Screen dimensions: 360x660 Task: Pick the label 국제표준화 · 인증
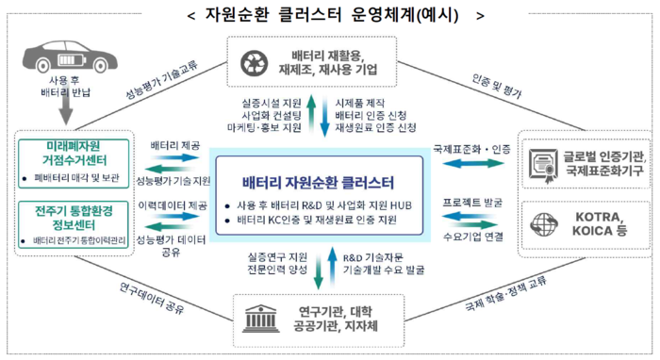coord(471,148)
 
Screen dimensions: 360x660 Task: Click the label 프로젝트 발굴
coord(472,202)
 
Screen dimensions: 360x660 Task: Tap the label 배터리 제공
coord(175,146)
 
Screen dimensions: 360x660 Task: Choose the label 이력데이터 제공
coord(174,204)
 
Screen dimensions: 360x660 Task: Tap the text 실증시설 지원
coord(272,101)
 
